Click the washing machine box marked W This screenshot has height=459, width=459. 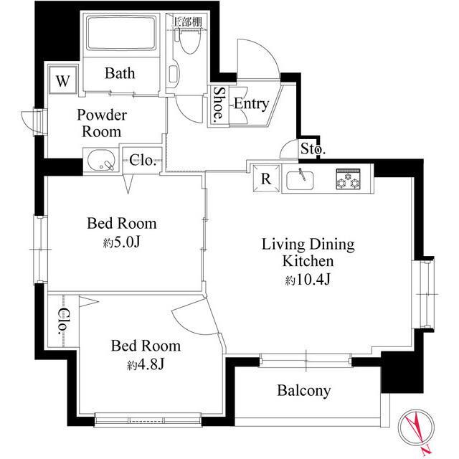tap(63, 80)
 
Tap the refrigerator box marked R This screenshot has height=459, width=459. tap(266, 179)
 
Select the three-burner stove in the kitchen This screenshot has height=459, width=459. tap(348, 179)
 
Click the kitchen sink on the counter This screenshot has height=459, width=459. tap(300, 180)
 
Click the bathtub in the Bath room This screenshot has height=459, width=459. tap(121, 33)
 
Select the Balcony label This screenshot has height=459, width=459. tap(304, 390)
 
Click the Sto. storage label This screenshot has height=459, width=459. tap(313, 149)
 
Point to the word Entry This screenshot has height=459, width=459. tap(252, 104)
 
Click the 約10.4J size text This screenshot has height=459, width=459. tap(308, 280)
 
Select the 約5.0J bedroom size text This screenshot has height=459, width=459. tap(122, 242)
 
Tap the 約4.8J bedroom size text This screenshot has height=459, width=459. tap(146, 364)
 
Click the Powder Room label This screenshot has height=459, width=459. tap(102, 123)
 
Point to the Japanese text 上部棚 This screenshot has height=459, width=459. tap(187, 22)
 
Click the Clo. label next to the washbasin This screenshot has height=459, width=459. tap(142, 160)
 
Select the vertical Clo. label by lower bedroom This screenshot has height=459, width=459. tap(63, 321)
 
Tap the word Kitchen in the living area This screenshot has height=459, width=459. tap(308, 261)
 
